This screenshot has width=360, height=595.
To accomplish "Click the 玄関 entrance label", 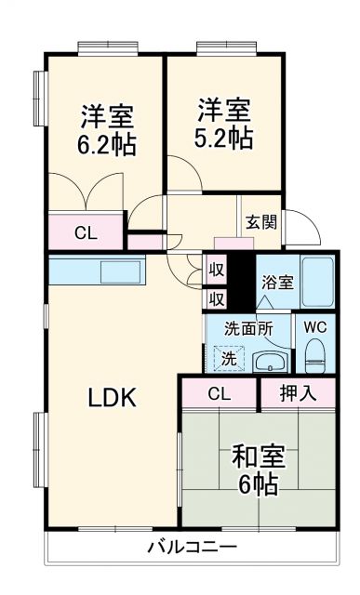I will pyautogui.click(x=260, y=222).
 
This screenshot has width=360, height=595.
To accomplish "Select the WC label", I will pyautogui.click(x=313, y=328).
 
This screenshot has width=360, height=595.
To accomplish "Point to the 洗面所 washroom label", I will pyautogui.click(x=247, y=328).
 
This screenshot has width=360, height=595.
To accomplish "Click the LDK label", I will pyautogui.click(x=112, y=399).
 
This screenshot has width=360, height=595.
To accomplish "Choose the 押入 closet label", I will pyautogui.click(x=298, y=393).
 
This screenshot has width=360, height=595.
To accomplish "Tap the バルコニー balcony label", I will pyautogui.click(x=191, y=547).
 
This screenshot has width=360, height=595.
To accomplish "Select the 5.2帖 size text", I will pyautogui.click(x=224, y=138).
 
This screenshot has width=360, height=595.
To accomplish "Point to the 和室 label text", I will pyautogui.click(x=258, y=457).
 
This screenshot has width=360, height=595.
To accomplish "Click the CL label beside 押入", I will pyautogui.click(x=219, y=393).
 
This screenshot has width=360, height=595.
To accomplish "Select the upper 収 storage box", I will pyautogui.click(x=216, y=270).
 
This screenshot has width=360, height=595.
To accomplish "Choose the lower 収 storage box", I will pyautogui.click(x=216, y=298).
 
